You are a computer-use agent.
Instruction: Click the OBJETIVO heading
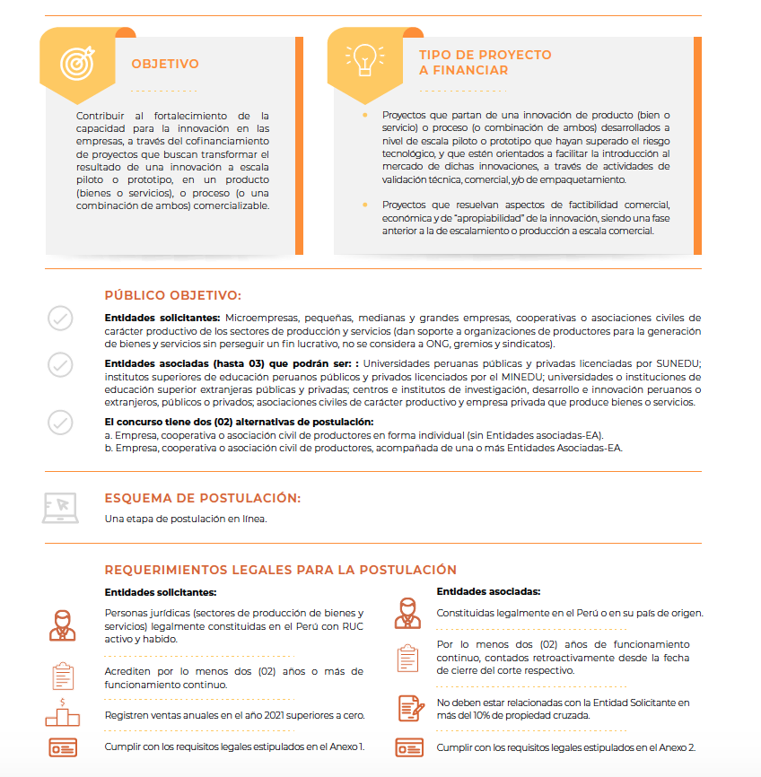click(165, 64)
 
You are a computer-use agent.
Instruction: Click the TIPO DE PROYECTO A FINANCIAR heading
click(485, 62)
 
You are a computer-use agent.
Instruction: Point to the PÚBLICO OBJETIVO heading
click(172, 295)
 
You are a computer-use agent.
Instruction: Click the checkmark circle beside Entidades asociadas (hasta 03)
click(60, 364)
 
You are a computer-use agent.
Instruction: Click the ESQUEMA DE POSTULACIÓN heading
click(202, 498)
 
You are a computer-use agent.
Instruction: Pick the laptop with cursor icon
click(60, 507)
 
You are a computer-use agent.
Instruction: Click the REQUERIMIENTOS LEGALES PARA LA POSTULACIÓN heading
click(280, 570)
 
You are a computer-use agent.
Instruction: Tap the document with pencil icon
click(410, 708)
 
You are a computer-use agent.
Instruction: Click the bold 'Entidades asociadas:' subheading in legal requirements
click(488, 592)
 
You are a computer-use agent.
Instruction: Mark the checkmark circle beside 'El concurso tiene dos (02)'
click(60, 422)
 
